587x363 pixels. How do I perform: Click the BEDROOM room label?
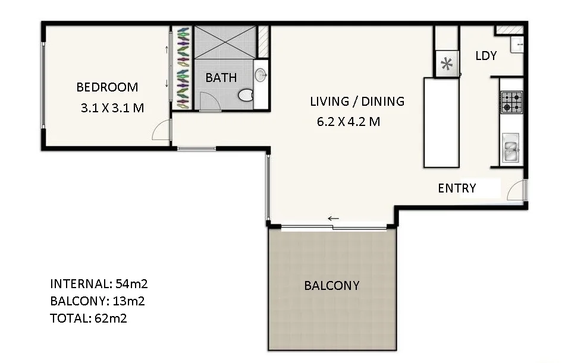[x=107, y=87]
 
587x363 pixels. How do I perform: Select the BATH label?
[x=221, y=77]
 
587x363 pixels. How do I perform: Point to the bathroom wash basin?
[x=260, y=75]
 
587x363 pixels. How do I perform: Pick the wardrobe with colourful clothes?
[x=183, y=68]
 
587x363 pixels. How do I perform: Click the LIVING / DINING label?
[x=357, y=101]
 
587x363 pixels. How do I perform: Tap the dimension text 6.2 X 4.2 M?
[x=349, y=122]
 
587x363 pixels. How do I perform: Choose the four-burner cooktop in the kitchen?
[x=511, y=102]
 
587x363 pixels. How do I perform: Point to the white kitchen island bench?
[x=441, y=122]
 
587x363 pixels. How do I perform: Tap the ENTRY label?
[x=457, y=188]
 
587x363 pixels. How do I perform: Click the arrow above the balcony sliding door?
[x=333, y=219]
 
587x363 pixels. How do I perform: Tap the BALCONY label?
[x=331, y=285]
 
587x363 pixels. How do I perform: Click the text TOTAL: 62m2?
[x=89, y=318]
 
